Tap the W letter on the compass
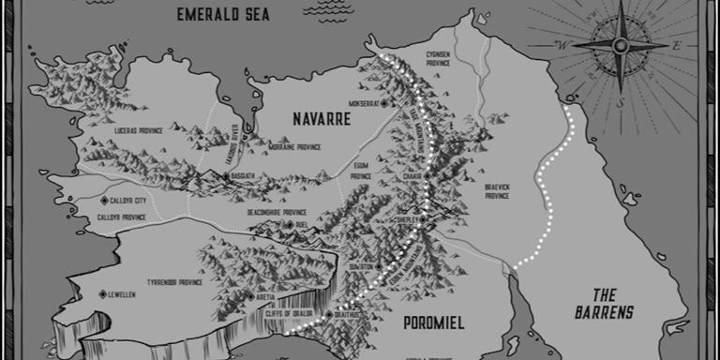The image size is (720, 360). click(563, 44)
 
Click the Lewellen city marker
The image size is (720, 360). click(102, 294)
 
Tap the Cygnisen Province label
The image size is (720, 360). click(440, 59)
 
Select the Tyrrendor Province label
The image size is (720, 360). click(175, 281)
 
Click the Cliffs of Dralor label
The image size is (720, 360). click(302, 314)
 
